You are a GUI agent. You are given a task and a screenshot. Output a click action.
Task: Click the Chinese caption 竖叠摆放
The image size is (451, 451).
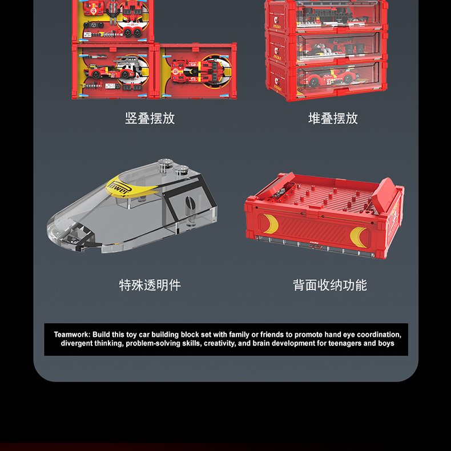(150, 118)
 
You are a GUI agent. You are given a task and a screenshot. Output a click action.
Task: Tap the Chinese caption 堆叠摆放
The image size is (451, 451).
(333, 118)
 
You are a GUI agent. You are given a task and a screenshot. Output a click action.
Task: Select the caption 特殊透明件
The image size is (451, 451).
(150, 285)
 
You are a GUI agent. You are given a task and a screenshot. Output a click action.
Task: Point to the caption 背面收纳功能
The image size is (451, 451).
(330, 285)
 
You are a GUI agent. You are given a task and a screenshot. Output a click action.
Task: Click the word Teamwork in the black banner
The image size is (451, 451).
(72, 335)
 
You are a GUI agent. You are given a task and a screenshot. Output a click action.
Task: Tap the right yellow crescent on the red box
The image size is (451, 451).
(359, 237)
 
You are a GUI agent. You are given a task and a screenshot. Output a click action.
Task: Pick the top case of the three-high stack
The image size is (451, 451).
(327, 16)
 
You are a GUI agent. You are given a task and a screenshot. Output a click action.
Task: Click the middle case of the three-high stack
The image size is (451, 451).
(327, 47)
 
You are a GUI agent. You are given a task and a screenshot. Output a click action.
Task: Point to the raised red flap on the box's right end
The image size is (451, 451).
(384, 194)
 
